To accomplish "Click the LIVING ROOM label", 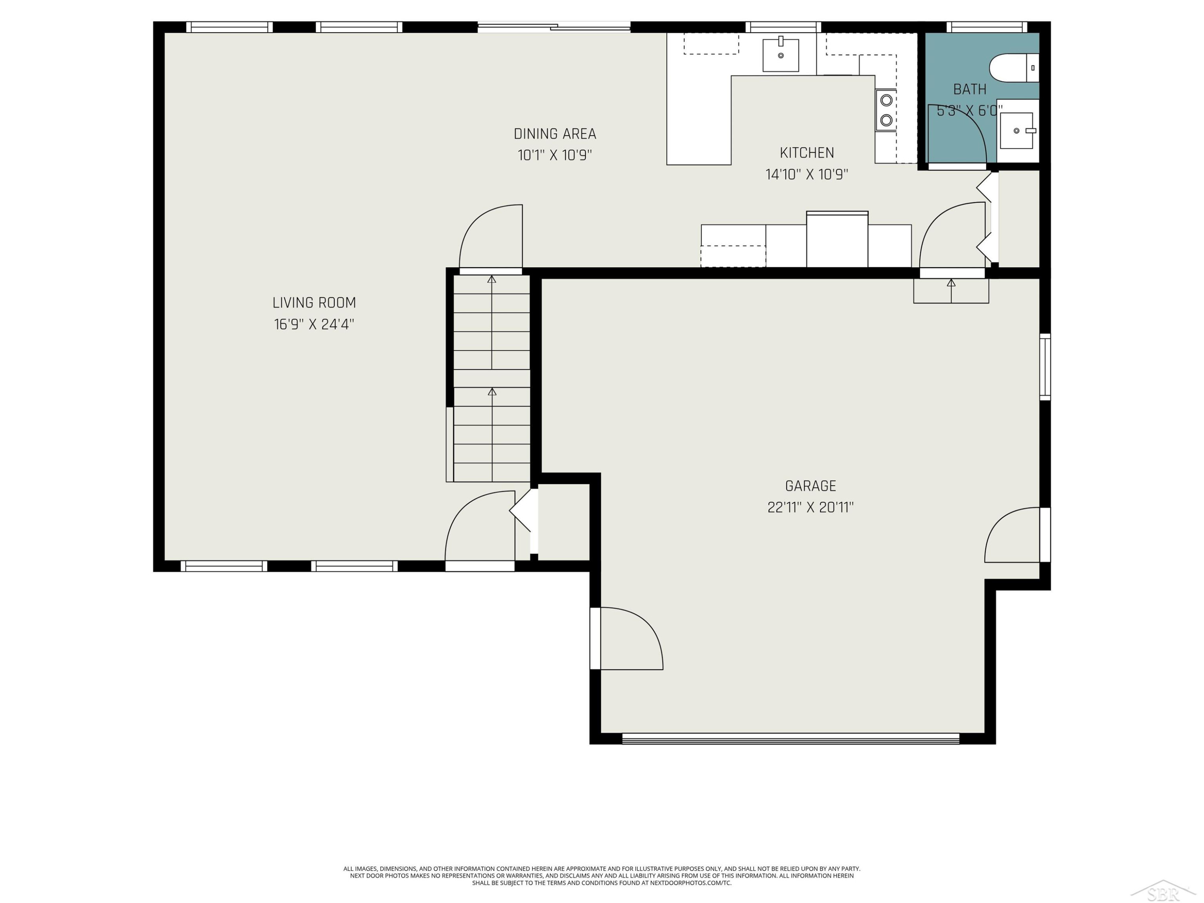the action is [x=314, y=303].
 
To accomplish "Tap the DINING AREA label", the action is [x=555, y=134].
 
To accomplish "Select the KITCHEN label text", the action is [x=807, y=153].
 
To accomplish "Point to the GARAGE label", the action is [x=810, y=486].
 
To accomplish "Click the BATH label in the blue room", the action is [x=969, y=89].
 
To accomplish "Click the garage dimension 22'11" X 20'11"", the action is [x=810, y=508].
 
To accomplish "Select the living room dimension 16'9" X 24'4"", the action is [x=314, y=324].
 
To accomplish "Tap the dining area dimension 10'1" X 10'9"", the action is [x=555, y=156].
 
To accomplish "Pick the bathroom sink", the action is [x=1017, y=130].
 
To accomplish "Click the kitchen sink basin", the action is [x=781, y=55].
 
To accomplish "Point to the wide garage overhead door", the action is [x=790, y=738].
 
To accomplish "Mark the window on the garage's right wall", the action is [x=1045, y=367].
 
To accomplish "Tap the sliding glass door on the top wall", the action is [x=554, y=26].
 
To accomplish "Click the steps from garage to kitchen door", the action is [x=951, y=291].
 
